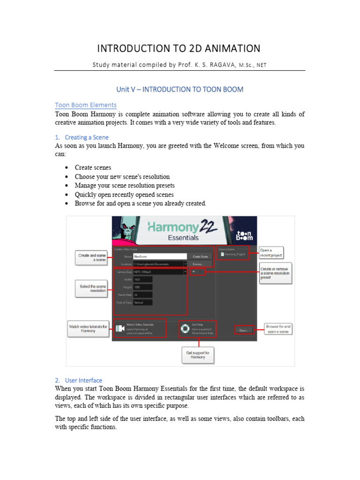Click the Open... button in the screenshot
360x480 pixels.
(x=244, y=330)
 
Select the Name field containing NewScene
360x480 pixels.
(x=160, y=256)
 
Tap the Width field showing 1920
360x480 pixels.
(x=142, y=279)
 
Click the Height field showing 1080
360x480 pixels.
(x=142, y=287)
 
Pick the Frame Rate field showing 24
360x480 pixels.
(x=142, y=295)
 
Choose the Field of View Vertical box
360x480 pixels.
(x=142, y=302)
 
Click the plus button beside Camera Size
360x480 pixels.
(x=194, y=271)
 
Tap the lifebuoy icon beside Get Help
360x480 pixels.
(x=185, y=329)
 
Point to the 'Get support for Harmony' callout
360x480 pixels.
(x=198, y=355)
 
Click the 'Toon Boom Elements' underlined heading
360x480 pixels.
(x=86, y=105)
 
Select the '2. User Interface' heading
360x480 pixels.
(x=78, y=380)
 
